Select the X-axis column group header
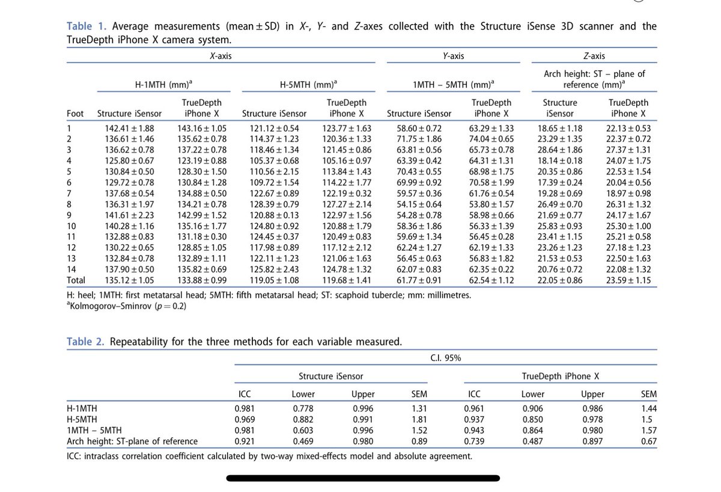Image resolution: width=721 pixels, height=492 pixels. (221, 56)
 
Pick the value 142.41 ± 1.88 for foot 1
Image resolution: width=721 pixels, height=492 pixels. (129, 128)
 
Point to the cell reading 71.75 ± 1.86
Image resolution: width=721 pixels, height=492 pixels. (419, 139)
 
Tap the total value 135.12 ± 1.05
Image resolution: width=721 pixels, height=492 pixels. (129, 280)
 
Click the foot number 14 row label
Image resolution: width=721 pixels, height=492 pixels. (71, 269)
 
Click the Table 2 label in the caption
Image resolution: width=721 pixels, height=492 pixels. (85, 342)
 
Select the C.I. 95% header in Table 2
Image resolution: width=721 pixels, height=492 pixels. (445, 358)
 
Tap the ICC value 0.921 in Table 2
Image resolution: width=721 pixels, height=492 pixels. (245, 441)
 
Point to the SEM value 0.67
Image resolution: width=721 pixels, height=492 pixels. (649, 441)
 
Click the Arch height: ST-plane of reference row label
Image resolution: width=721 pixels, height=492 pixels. (132, 441)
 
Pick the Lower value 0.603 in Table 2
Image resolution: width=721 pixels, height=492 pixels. (303, 430)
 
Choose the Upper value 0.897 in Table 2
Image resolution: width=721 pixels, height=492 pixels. (592, 441)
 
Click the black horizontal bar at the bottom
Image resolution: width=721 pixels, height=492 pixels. (363, 478)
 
